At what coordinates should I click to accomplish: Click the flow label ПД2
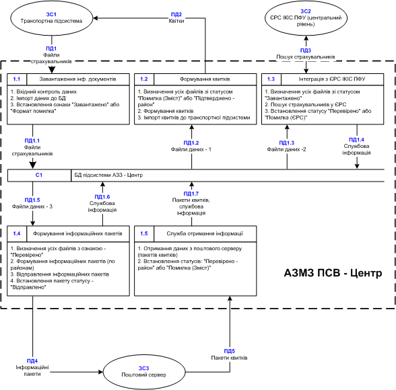(x=176, y=14)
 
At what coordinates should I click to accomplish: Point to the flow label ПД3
(x=306, y=50)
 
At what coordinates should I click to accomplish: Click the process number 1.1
(x=17, y=79)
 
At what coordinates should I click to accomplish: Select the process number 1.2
(x=144, y=79)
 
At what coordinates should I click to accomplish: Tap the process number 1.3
(x=271, y=79)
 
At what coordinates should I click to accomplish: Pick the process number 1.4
(x=17, y=234)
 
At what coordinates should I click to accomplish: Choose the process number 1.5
(x=144, y=234)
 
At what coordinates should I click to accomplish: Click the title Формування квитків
(x=205, y=79)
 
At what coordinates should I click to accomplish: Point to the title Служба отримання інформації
(x=205, y=234)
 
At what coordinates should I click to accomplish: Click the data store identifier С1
(x=39, y=175)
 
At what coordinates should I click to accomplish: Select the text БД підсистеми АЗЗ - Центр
(x=108, y=175)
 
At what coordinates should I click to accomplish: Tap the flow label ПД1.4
(x=357, y=140)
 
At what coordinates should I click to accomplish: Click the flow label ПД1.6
(x=102, y=197)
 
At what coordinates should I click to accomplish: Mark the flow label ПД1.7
(x=191, y=194)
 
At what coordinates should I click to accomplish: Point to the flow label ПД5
(x=230, y=351)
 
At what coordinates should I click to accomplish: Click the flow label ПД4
(x=32, y=361)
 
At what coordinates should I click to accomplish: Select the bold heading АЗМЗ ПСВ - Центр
(x=333, y=273)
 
